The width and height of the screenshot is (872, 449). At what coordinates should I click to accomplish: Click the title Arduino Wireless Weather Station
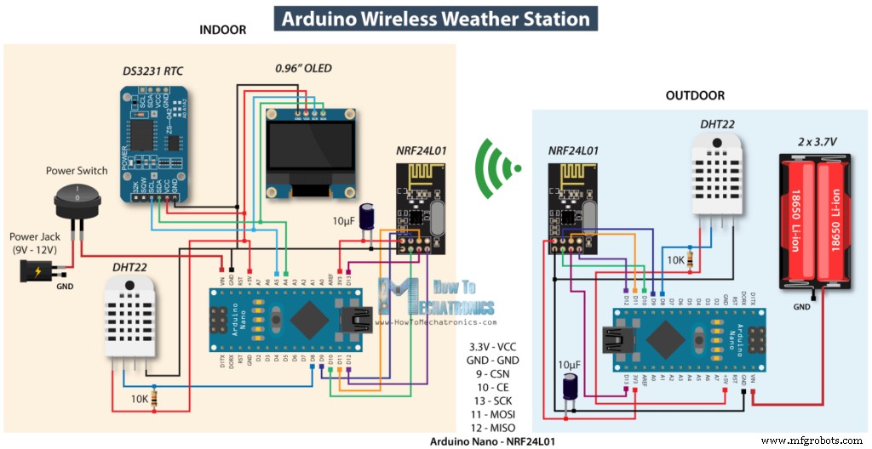(x=436, y=18)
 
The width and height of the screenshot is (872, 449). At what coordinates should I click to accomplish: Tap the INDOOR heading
(x=222, y=30)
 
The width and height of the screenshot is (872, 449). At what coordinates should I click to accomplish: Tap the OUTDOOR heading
(x=695, y=96)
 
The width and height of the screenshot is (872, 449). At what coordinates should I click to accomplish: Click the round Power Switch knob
(x=77, y=201)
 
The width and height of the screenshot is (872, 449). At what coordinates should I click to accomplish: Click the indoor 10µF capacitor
(x=368, y=216)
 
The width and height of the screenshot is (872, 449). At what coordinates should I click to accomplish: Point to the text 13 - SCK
(x=493, y=400)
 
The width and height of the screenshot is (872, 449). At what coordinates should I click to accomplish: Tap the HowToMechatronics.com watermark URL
(x=445, y=323)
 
